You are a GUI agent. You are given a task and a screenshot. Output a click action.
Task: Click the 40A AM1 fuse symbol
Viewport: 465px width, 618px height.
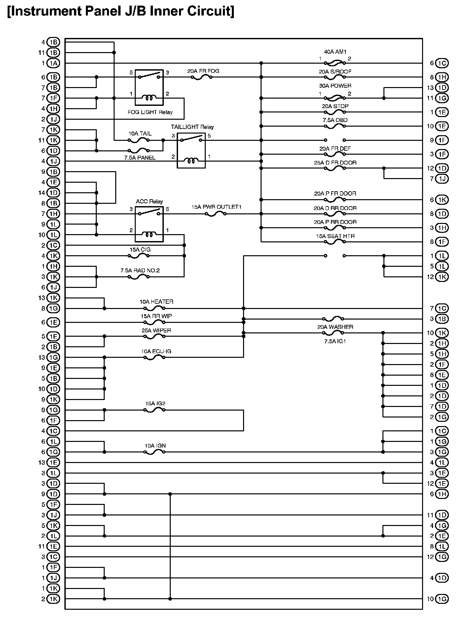coord(335,63)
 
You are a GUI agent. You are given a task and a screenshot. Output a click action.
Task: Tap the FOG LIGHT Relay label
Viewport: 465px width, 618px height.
coord(150,112)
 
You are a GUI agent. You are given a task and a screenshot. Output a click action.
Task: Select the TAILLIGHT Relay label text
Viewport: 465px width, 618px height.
coord(192,127)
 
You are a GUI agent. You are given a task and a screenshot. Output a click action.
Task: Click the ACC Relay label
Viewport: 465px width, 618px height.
coord(149,201)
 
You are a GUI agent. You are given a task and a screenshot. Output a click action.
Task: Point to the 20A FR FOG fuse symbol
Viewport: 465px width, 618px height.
coord(201,77)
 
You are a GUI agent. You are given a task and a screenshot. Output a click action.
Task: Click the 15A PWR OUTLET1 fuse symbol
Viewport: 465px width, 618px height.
coord(215,214)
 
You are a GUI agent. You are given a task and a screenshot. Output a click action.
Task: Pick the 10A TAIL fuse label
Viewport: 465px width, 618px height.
coord(140,134)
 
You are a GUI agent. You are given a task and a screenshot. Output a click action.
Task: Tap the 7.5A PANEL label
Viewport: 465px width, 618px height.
coord(140,158)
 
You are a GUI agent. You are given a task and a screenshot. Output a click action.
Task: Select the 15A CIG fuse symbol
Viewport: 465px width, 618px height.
coord(139,256)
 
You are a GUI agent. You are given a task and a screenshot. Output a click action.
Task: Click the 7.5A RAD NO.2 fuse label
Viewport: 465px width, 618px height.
coord(140,270)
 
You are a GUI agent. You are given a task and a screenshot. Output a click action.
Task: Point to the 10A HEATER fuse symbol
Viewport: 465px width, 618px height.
coord(154,308)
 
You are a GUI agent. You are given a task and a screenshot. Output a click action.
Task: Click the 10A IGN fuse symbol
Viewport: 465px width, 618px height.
coord(154,452)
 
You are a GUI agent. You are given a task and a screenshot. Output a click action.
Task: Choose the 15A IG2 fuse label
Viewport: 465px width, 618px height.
coord(155,403)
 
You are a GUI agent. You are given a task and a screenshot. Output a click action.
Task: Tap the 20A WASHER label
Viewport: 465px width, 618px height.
coord(335,327)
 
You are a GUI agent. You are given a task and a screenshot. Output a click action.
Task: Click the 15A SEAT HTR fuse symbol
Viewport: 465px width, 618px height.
coord(335,242)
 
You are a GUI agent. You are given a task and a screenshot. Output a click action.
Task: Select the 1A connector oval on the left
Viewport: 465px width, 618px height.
coord(53,63)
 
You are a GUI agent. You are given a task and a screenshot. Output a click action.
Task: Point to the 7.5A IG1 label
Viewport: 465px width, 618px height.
coord(335,341)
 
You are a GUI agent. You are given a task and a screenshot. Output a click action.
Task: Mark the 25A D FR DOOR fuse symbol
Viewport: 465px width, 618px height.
coord(335,168)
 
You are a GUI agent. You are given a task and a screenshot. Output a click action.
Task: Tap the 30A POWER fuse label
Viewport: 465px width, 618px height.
coord(335,86)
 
